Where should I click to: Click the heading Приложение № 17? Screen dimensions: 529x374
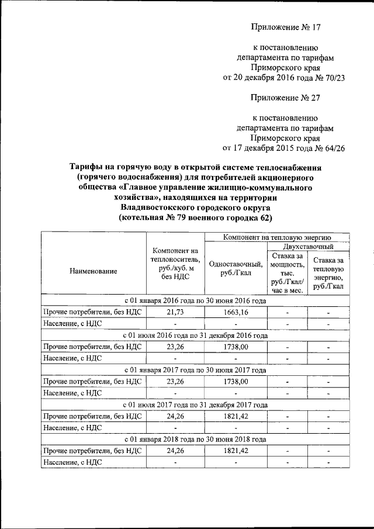pyautogui.click(x=286, y=27)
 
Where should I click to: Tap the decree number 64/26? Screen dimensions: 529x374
pyautogui.click(x=330, y=148)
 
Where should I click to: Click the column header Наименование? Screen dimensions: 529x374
pyautogui.click(x=93, y=271)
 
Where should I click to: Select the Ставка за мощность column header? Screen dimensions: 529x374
pyautogui.click(x=283, y=272)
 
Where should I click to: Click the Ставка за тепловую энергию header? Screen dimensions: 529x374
pyautogui.click(x=328, y=272)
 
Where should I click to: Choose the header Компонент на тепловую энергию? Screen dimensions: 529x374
pyautogui.click(x=277, y=237)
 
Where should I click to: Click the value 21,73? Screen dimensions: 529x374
pyautogui.click(x=175, y=312)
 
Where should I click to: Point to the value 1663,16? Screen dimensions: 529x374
pyautogui.click(x=235, y=312)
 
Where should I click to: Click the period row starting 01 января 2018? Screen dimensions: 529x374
pyautogui.click(x=195, y=439)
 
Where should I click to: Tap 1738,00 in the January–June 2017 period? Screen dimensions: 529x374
pyautogui.click(x=235, y=381)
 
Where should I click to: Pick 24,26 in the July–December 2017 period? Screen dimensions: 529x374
pyautogui.click(x=175, y=416)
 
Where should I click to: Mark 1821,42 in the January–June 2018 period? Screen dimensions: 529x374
pyautogui.click(x=235, y=451)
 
